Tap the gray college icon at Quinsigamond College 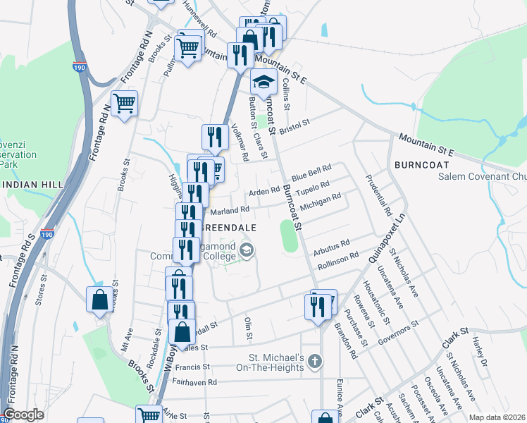[247, 250]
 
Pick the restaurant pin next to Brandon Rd [315, 307]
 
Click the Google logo [23, 415]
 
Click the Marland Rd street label [230, 209]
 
